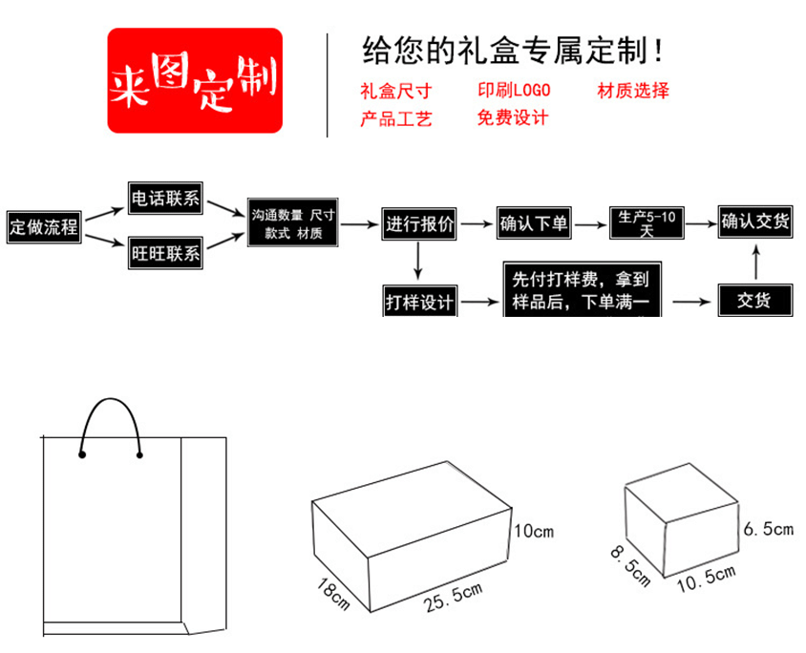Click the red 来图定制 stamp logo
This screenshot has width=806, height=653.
[195, 81]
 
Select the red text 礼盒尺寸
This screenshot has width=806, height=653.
[395, 92]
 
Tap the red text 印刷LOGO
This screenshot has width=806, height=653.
[515, 92]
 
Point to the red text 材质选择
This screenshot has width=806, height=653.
[633, 92]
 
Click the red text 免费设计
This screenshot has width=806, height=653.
[513, 118]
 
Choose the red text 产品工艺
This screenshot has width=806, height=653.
[395, 118]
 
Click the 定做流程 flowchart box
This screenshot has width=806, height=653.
[44, 228]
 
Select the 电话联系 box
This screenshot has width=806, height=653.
[166, 199]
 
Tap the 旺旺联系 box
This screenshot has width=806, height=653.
[166, 254]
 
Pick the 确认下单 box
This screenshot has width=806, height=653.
[534, 225]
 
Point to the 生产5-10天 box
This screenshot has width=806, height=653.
[647, 224]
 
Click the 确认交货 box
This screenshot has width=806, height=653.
[755, 222]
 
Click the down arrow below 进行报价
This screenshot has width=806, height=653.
[418, 263]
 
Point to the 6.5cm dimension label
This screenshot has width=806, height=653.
[769, 528]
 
